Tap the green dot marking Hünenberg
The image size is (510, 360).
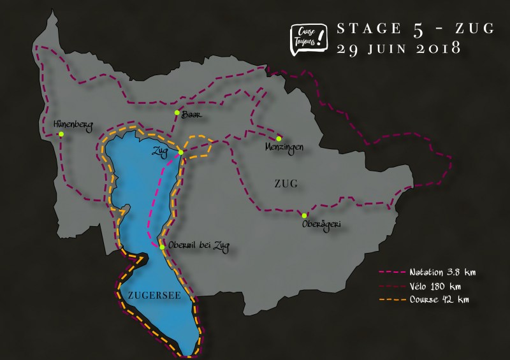click(x=61, y=134)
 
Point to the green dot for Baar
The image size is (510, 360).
click(x=177, y=113)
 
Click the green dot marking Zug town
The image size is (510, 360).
click(x=181, y=152)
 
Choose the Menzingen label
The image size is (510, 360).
click(x=284, y=147)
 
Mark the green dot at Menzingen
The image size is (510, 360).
click(x=279, y=138)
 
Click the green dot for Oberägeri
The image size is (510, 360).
click(x=305, y=215)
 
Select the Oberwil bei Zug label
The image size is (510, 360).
click(x=198, y=246)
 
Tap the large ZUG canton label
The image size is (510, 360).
click(x=286, y=184)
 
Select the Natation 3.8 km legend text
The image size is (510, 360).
click(x=442, y=272)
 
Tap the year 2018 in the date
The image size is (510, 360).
click(x=433, y=48)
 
